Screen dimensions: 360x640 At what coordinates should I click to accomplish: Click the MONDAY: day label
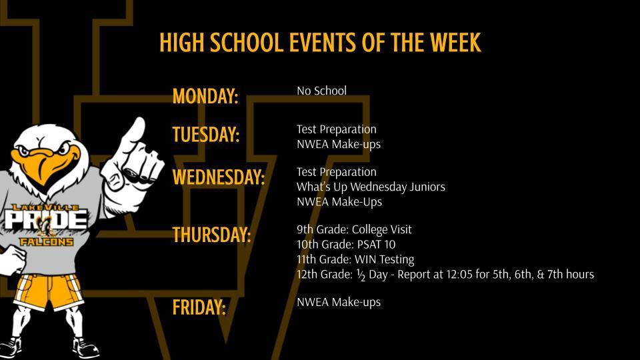(205, 97)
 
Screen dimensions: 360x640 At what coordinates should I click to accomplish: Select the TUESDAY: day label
(205, 135)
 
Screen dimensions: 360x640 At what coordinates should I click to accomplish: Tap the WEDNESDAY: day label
(218, 177)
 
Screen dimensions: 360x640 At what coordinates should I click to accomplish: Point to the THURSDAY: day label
(211, 235)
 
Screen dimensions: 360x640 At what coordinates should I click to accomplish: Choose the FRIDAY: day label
(199, 307)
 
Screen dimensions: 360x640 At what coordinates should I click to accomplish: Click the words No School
(321, 91)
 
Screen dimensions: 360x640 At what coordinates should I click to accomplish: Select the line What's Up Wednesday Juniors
(371, 187)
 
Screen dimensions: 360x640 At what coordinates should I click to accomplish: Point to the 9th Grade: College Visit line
(354, 229)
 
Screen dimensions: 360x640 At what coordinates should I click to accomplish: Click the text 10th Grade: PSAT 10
(346, 244)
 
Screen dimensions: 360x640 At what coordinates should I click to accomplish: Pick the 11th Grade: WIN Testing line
(355, 259)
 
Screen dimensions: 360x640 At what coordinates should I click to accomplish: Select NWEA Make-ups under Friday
(339, 302)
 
